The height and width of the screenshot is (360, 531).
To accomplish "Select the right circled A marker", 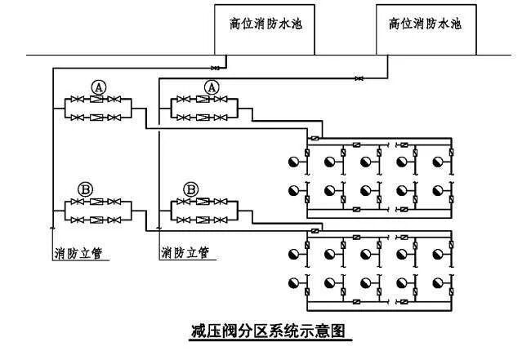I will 212,86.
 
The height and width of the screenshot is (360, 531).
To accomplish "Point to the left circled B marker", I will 85,188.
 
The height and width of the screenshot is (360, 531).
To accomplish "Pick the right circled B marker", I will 191,188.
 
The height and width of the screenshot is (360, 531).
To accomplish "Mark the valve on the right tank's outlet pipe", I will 359,78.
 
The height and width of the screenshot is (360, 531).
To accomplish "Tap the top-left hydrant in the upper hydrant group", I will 292,161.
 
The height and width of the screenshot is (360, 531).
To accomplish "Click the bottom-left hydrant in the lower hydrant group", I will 292,282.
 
